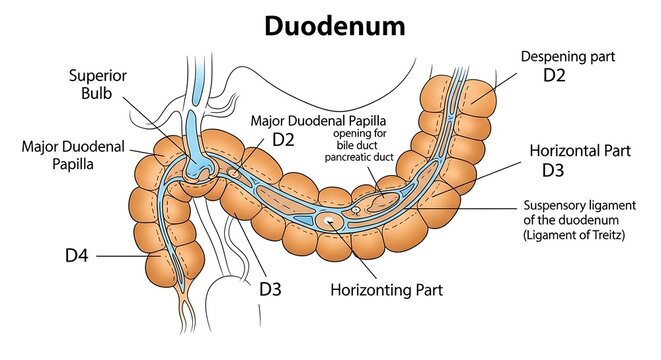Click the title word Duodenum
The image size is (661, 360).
tap(335, 26)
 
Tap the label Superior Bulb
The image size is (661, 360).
tap(97, 84)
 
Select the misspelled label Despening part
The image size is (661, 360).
tap(568, 56)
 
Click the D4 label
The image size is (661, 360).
tap(77, 256)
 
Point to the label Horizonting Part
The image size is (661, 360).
tap(387, 290)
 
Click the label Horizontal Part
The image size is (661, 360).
tap(580, 150)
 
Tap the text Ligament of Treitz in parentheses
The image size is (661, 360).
tap(574, 235)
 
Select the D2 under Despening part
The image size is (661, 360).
tap(554, 75)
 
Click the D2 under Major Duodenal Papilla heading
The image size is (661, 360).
tap(283, 140)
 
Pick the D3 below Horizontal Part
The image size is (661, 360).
tap(553, 170)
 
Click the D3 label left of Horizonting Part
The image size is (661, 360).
tap(270, 289)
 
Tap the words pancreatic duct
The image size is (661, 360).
tap(359, 157)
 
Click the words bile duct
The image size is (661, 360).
tap(357, 145)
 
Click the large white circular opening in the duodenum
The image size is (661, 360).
tap(327, 220)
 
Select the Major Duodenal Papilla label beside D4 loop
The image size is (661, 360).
tap(73, 155)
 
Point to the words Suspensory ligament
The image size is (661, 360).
tap(580, 205)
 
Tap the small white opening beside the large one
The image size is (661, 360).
tap(356, 209)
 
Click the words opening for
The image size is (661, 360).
tap(360, 134)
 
